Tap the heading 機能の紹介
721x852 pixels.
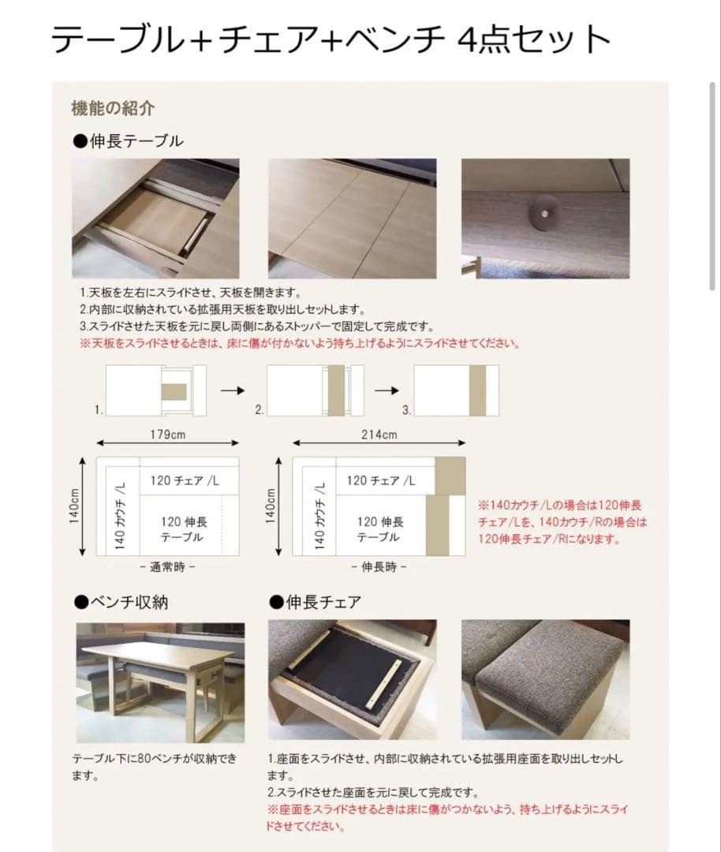(x=113, y=108)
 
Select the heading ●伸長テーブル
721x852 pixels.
(x=128, y=141)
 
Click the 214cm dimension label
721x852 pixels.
(x=379, y=435)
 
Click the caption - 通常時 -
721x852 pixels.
(x=167, y=566)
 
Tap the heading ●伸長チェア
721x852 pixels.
(x=316, y=603)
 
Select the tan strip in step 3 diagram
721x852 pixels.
(x=477, y=390)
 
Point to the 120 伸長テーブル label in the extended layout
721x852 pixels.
(x=379, y=529)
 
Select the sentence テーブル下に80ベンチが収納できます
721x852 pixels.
(x=154, y=766)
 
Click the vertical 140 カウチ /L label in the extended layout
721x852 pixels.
(x=320, y=516)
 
